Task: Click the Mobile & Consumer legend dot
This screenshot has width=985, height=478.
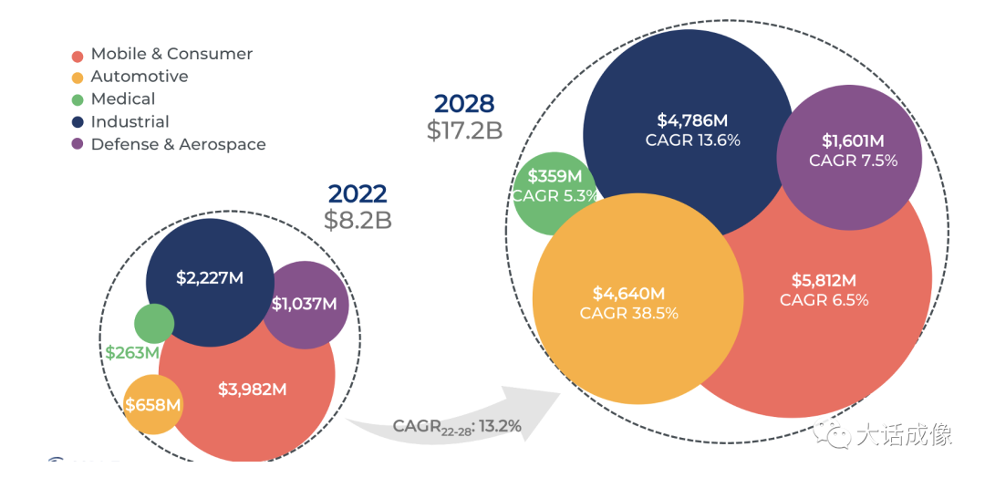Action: coord(78,55)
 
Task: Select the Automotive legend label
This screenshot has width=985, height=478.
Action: coord(140,77)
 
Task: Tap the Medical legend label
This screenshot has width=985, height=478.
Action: coord(123,99)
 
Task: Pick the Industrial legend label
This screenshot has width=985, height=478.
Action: coord(130,121)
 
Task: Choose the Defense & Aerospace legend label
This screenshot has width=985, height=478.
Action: coord(179,144)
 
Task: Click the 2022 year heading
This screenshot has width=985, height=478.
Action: coord(358,193)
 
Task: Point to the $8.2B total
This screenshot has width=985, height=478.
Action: coord(358,220)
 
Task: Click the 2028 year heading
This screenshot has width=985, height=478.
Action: coord(464,103)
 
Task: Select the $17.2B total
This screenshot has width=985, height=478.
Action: coord(464,130)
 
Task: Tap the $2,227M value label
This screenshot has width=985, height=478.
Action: coord(209,278)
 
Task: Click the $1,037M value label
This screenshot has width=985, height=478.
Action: coord(305,304)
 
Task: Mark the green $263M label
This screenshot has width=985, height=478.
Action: coord(132,352)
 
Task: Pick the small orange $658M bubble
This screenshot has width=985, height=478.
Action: coord(153,404)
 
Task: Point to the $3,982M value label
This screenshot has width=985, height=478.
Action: coord(253,390)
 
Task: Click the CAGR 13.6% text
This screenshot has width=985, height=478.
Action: coord(692,140)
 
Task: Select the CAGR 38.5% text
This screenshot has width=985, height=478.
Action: coord(629,313)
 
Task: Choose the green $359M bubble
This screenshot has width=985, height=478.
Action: coord(553,187)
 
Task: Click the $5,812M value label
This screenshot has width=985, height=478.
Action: coord(824,280)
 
